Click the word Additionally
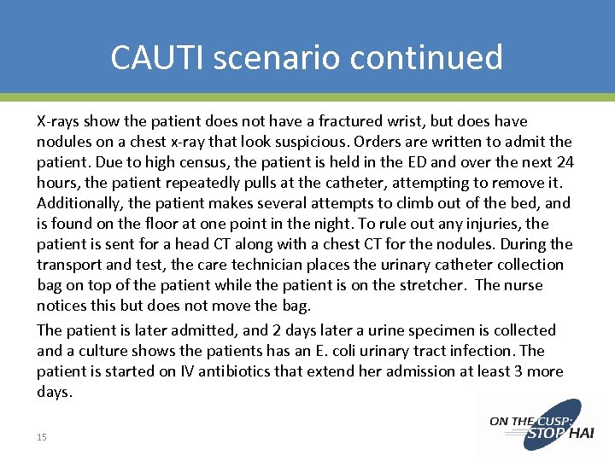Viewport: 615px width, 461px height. [80, 203]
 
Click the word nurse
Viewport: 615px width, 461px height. [522, 285]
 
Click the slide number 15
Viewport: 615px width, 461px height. [42, 437]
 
